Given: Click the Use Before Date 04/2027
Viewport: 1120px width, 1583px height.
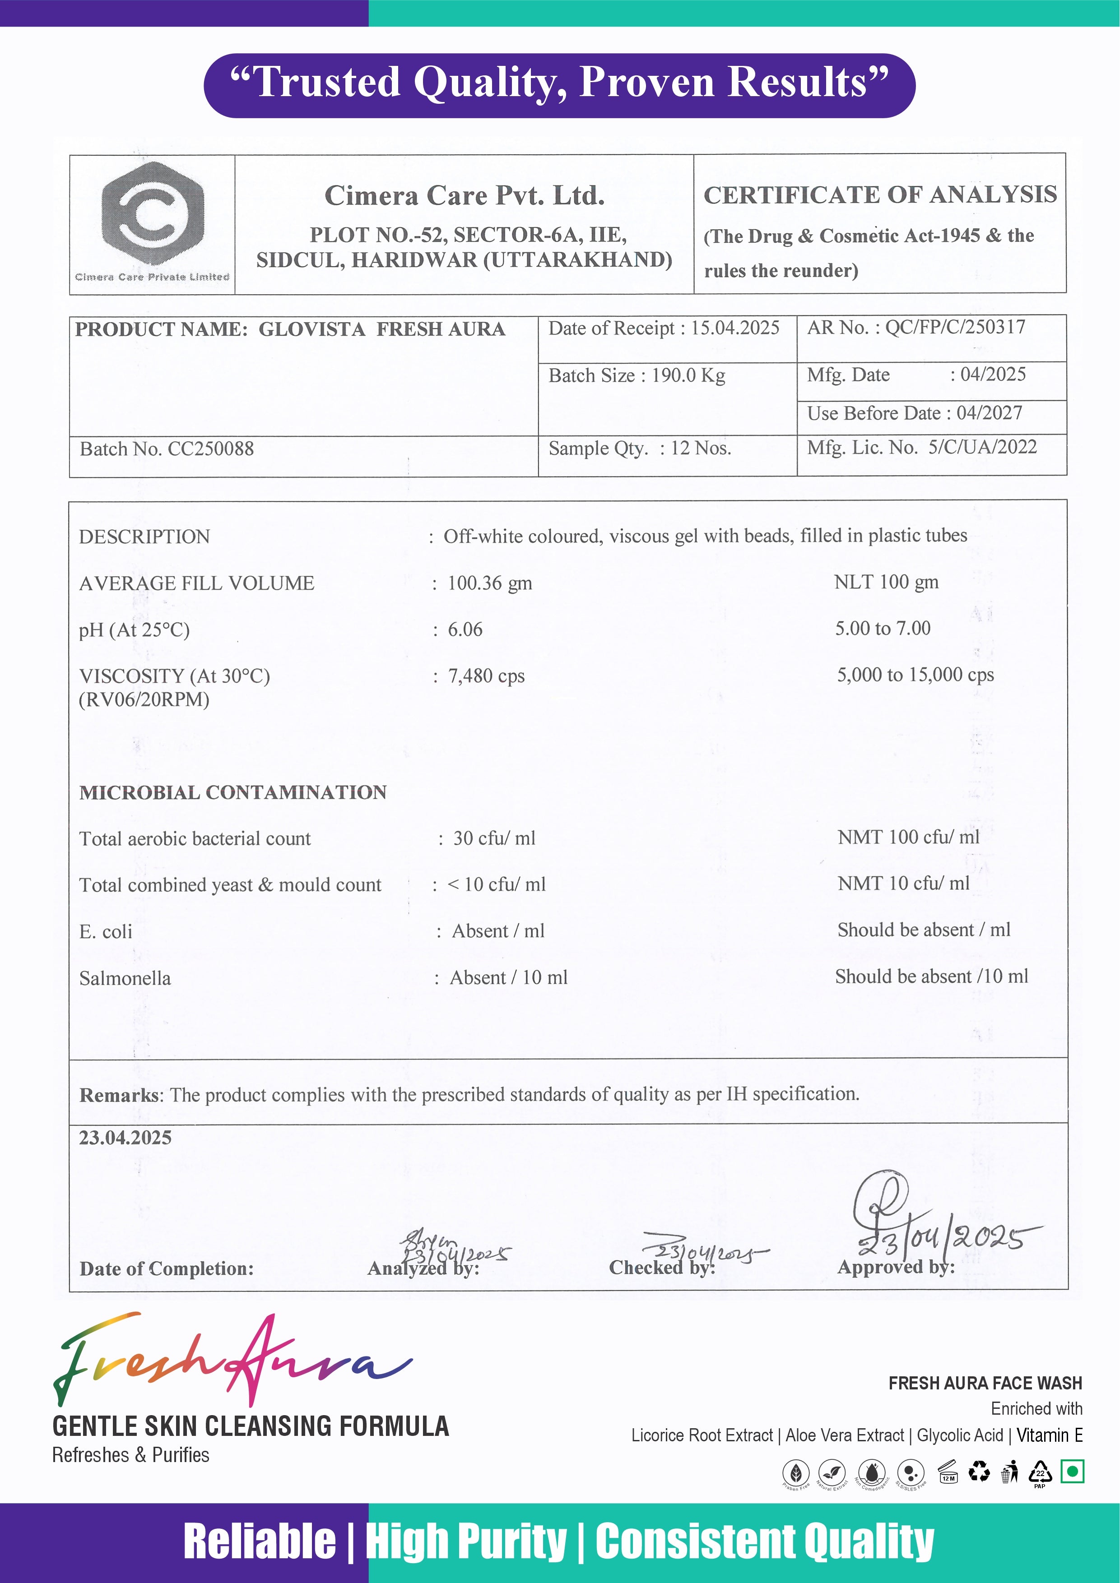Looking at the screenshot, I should pyautogui.click(x=989, y=412).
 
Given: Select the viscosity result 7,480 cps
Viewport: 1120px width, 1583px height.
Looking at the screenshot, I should pyautogui.click(x=486, y=676).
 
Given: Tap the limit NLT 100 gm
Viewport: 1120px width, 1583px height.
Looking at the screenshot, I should pyautogui.click(x=886, y=582).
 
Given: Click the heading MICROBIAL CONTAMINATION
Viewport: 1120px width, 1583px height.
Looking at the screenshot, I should pyautogui.click(x=233, y=792).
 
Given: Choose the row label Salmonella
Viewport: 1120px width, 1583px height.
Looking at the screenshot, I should pyautogui.click(x=125, y=978).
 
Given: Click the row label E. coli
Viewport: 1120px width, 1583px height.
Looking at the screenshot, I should pyautogui.click(x=106, y=931).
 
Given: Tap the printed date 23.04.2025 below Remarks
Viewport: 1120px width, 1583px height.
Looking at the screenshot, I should pyautogui.click(x=125, y=1138).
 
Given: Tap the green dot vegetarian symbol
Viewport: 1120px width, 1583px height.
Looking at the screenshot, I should pyautogui.click(x=1073, y=1471).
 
